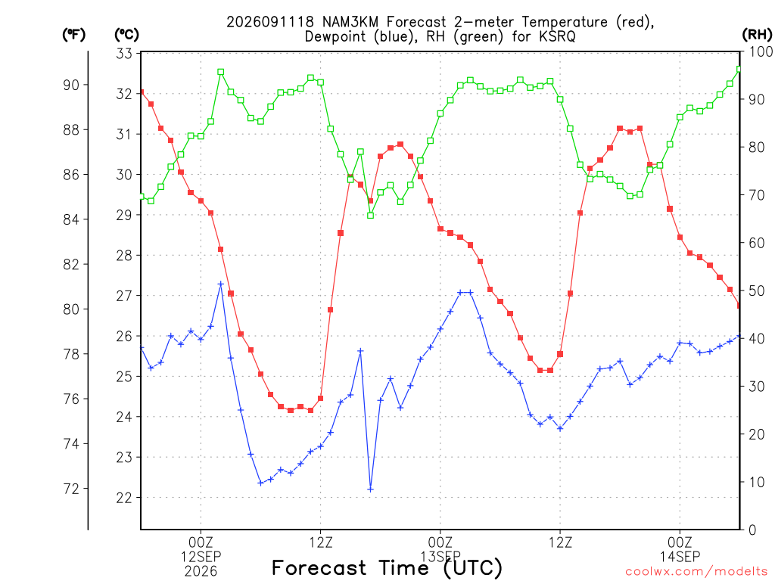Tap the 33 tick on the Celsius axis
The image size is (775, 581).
point(124,54)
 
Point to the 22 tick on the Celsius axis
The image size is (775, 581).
point(124,498)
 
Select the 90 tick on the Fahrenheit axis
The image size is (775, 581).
point(71,85)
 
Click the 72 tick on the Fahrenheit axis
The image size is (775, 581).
point(71,489)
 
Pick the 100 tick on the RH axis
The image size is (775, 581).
point(760,52)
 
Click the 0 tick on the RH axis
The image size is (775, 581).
point(752,530)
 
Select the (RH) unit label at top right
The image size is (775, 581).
point(757,34)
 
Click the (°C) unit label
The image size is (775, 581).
point(126,35)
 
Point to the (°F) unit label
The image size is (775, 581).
point(73,35)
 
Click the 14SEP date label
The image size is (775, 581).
point(680,557)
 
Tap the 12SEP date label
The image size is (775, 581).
point(201,557)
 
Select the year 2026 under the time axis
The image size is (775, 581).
point(201,572)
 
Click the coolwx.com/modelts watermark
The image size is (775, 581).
point(696,572)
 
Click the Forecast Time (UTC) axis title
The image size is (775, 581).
point(387,568)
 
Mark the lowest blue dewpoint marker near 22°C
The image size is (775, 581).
point(371,489)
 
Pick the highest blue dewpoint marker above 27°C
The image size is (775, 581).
point(221,284)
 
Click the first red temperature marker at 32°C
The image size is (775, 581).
point(142,92)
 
